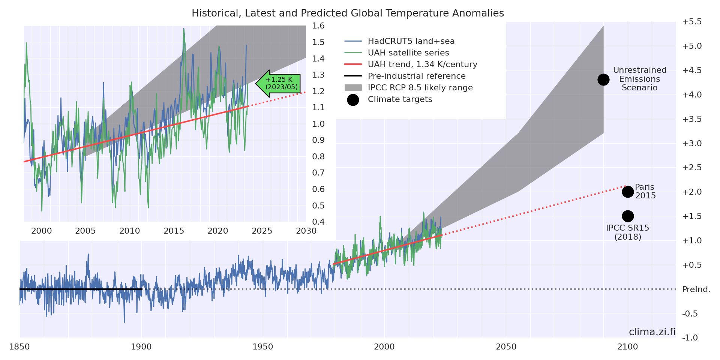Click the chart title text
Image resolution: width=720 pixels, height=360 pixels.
coord(348,13)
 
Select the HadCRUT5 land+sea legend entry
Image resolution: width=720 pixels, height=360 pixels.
coord(411,41)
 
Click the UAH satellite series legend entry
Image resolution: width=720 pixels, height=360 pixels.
coord(408,53)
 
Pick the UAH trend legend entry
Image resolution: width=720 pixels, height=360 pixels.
coord(422,64)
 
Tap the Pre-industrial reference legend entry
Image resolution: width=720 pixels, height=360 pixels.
coord(416,76)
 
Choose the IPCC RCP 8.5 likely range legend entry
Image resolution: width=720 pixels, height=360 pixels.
coord(420,88)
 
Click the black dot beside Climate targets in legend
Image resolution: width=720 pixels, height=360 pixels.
coord(353,100)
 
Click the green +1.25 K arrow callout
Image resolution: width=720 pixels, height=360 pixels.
coord(279,84)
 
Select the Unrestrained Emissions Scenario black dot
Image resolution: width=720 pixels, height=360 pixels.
coord(603,79)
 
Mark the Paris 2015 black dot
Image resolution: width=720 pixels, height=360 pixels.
coord(628,192)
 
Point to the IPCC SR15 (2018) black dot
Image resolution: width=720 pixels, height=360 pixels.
coord(628,216)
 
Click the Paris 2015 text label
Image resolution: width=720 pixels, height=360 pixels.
coord(645,191)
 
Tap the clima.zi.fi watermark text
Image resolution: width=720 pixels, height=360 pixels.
coord(652,332)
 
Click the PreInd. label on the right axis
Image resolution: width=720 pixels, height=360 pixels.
coord(696,289)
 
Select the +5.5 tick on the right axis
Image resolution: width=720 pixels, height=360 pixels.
coord(692,22)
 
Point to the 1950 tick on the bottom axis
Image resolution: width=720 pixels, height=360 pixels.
coord(263,347)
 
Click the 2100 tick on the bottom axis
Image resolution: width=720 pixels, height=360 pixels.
coord(628,347)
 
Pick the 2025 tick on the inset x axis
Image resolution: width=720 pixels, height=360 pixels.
coord(262,231)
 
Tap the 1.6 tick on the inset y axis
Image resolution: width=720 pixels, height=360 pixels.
coord(318,26)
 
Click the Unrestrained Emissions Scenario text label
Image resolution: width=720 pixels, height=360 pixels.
coord(640,79)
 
